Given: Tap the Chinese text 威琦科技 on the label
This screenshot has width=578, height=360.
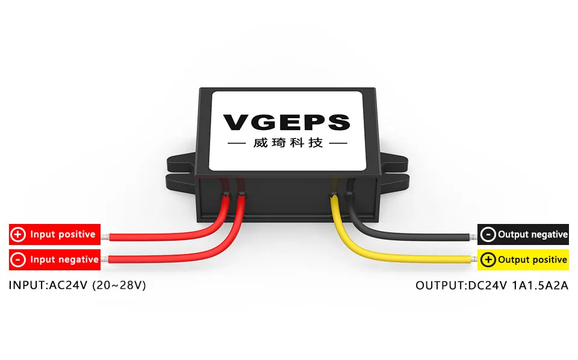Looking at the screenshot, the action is [x=287, y=144].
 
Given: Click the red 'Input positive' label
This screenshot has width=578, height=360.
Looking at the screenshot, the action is [x=54, y=234].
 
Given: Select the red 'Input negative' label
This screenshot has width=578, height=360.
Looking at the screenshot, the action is [x=54, y=259].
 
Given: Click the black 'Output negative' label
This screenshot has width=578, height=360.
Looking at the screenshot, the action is [x=523, y=234].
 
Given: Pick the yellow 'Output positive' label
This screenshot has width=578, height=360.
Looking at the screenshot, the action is [x=523, y=259].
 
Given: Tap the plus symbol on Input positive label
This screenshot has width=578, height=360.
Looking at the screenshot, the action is [x=19, y=234].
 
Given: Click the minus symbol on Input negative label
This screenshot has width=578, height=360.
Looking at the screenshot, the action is [x=19, y=259].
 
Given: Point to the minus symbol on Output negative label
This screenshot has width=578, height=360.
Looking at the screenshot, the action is [x=488, y=234].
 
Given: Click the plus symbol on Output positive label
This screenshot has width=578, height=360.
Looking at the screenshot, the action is [x=488, y=259].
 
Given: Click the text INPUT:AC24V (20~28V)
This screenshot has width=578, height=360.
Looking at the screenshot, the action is [x=77, y=285].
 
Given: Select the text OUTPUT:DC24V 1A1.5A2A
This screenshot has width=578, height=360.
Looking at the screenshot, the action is [x=491, y=285].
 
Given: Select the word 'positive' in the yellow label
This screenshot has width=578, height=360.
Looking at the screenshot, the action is [x=541, y=259].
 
